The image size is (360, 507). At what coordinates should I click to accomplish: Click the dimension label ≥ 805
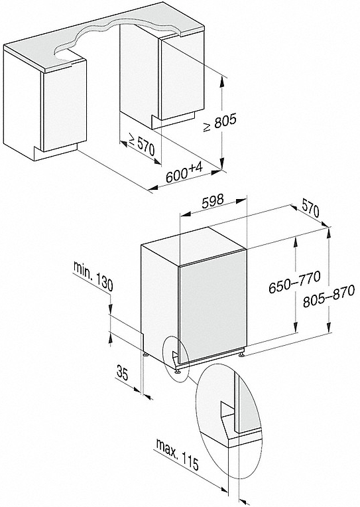pyautogui.click(x=220, y=122)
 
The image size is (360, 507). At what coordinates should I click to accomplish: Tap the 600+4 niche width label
pyautogui.click(x=184, y=173)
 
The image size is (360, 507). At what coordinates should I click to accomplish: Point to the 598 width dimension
pyautogui.click(x=212, y=201)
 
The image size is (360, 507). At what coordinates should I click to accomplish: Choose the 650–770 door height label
pyautogui.click(x=294, y=282)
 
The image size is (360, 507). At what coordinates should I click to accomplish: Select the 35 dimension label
pyautogui.click(x=123, y=373)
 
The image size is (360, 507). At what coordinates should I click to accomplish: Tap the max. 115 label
pyautogui.click(x=177, y=454)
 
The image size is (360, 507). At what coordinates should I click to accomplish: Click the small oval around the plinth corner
pyautogui.click(x=175, y=359)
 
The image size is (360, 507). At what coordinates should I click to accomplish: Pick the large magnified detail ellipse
pyautogui.click(x=229, y=421)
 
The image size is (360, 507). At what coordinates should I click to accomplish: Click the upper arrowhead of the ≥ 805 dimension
pyautogui.click(x=221, y=82)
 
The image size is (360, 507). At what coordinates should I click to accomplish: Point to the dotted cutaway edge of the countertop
pyautogui.click(x=117, y=36)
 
